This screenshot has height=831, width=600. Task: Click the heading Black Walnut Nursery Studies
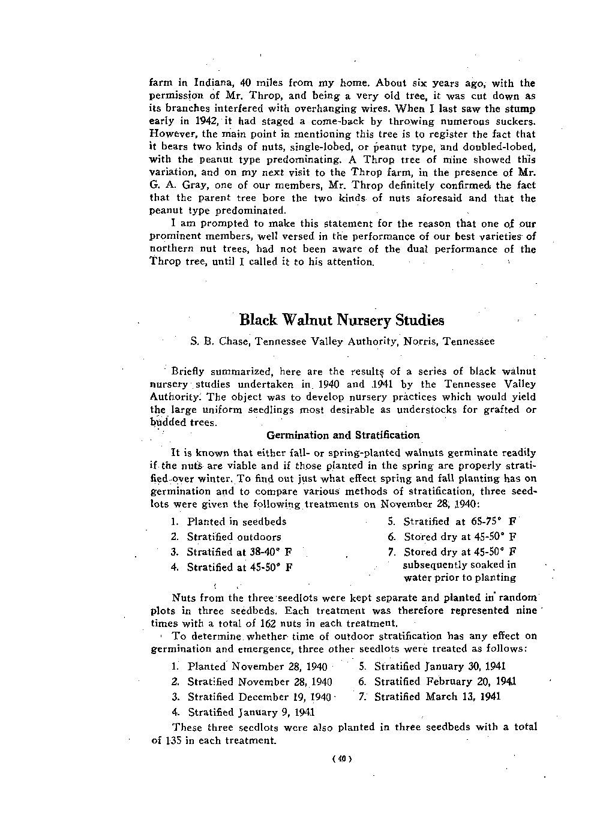[341, 319]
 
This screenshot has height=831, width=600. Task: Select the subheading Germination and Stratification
[343, 435]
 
